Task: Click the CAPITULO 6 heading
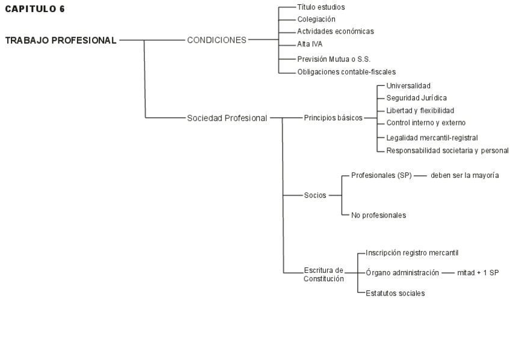[x=35, y=9]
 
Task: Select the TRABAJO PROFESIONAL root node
[x=61, y=40]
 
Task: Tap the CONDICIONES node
[x=217, y=40]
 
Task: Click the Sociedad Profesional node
[x=227, y=118]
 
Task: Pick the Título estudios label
[x=321, y=7]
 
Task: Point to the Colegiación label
[x=316, y=19]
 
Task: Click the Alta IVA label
[x=310, y=44]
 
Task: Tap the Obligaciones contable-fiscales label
[x=346, y=72]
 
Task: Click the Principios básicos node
[x=333, y=118]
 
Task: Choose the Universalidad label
[x=408, y=86]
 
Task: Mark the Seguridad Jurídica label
[x=417, y=98]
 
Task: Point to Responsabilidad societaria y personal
[x=447, y=150]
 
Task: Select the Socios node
[x=315, y=195]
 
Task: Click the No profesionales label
[x=379, y=215]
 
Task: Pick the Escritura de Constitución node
[x=324, y=274]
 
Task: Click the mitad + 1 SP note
[x=478, y=272]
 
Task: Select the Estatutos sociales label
[x=395, y=293]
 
